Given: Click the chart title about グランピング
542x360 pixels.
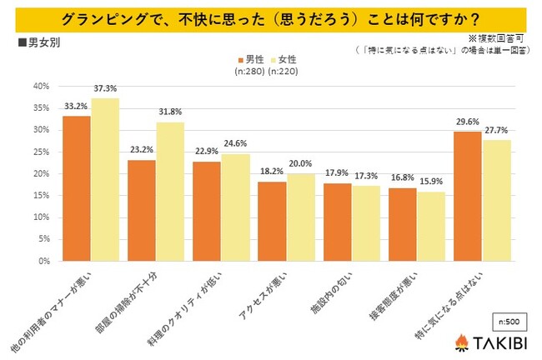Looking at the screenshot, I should (x=271, y=17).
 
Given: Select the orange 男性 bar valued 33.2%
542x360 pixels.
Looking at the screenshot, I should (x=78, y=188).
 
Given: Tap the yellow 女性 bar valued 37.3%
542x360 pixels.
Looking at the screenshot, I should (x=105, y=179).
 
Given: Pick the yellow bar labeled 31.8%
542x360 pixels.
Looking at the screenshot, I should (x=170, y=192).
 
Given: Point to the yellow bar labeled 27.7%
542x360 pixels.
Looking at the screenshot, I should (x=495, y=200).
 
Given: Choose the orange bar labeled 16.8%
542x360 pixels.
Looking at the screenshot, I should (x=403, y=224).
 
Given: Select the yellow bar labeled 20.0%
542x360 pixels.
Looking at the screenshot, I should (x=300, y=217).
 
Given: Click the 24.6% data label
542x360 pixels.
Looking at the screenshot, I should (x=236, y=144).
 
